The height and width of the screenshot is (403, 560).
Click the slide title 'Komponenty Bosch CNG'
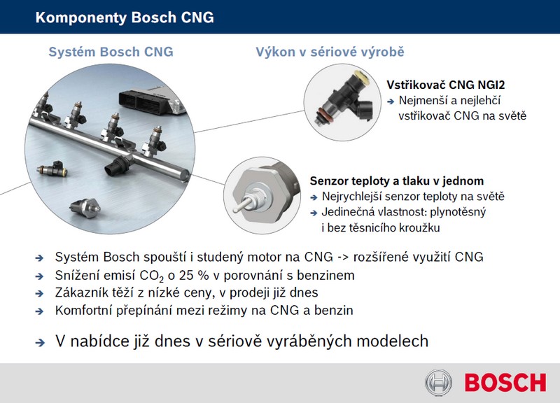[x=125, y=17]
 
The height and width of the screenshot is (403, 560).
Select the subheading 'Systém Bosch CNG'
[x=111, y=52]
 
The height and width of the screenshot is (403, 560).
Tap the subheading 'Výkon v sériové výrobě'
[x=330, y=52]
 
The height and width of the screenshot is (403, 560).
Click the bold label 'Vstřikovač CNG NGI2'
[x=446, y=85]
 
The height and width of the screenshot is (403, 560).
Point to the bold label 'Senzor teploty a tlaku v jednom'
[x=397, y=181]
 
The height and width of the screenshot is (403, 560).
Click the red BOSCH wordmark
[x=505, y=383]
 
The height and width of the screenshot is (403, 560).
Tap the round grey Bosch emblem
[x=439, y=382]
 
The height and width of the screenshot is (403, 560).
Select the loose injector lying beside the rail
[x=52, y=169]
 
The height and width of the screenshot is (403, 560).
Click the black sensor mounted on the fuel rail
[x=117, y=165]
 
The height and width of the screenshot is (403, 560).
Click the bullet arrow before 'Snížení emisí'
[x=40, y=276]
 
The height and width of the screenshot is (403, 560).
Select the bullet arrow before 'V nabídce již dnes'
[x=40, y=343]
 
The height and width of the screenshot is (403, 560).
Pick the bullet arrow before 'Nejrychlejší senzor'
[x=314, y=197]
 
